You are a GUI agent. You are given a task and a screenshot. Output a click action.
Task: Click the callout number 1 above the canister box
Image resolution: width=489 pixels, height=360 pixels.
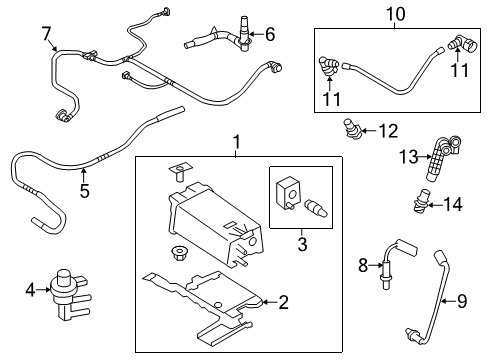(x=237, y=143)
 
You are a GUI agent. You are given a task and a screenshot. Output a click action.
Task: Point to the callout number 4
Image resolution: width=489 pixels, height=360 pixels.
(x=29, y=291)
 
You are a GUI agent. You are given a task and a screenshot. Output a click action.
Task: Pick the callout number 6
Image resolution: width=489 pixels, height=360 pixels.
(x=269, y=35)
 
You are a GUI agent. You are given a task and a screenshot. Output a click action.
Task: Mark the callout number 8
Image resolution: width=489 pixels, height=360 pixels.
(x=365, y=265)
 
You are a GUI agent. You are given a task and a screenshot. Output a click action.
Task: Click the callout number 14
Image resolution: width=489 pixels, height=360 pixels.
(x=453, y=204)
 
